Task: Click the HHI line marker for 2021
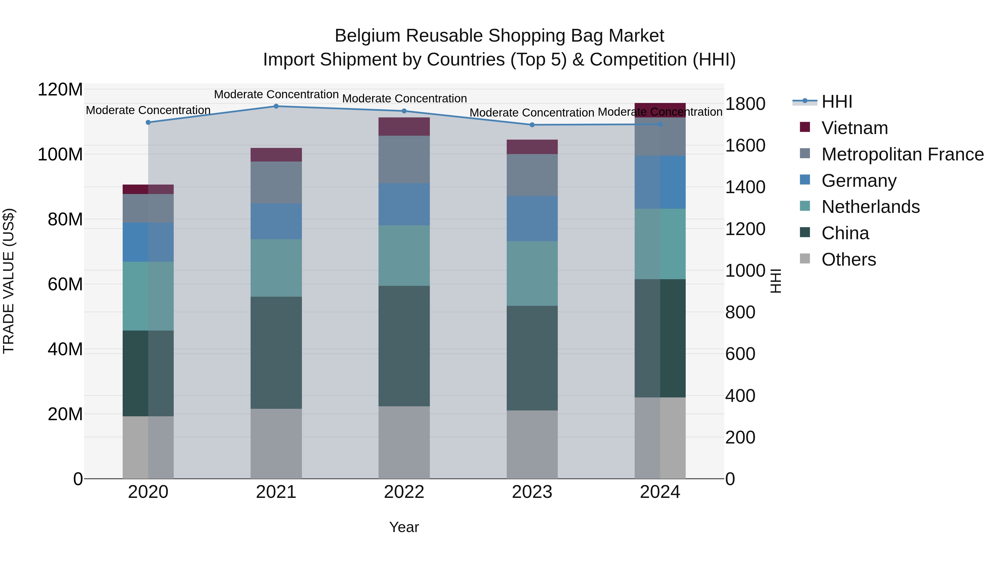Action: click(x=276, y=106)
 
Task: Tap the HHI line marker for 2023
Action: click(x=532, y=125)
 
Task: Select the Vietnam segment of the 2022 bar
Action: click(x=404, y=127)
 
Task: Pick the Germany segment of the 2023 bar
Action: click(x=532, y=219)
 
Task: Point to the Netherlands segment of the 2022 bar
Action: click(x=404, y=256)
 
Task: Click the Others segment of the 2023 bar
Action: click(x=532, y=445)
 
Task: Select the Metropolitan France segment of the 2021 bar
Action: click(x=276, y=182)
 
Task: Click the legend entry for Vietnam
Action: click(x=854, y=128)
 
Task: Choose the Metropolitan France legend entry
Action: click(x=902, y=154)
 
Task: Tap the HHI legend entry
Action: click(x=836, y=102)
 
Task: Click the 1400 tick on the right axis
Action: click(x=745, y=187)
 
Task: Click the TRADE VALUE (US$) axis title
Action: click(x=9, y=281)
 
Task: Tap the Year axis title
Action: click(x=404, y=527)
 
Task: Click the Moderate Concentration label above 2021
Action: click(x=276, y=94)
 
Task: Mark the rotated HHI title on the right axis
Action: click(x=775, y=281)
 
